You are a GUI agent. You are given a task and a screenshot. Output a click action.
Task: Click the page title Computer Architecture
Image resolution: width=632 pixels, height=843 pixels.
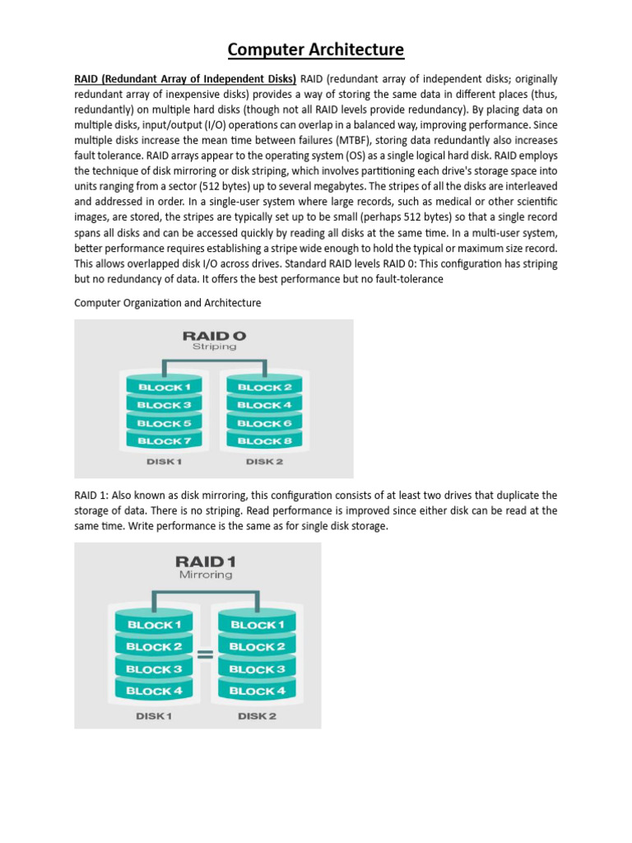point(316,49)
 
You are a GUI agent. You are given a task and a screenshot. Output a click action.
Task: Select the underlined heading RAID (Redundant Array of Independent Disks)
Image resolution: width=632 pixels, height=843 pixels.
point(185,79)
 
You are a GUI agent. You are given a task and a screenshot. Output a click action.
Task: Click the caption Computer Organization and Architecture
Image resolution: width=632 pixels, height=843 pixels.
point(168,303)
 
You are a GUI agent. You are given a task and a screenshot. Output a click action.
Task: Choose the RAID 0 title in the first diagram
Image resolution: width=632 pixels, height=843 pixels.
point(214,335)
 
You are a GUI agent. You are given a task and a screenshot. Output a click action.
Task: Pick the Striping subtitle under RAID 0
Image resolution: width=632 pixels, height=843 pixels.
point(214,347)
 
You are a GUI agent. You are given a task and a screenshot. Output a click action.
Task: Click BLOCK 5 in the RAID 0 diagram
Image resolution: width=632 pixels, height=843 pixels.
point(164,423)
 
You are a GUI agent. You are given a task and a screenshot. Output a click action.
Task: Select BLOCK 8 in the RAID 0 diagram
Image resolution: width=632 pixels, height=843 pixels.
point(264,441)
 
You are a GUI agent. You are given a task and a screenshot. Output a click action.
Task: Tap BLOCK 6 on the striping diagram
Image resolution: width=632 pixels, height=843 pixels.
point(264,423)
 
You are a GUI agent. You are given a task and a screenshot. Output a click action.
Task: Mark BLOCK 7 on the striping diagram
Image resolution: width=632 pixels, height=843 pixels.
point(164,441)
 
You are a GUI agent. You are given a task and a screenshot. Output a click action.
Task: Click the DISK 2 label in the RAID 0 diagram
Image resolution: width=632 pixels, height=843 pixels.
point(264,462)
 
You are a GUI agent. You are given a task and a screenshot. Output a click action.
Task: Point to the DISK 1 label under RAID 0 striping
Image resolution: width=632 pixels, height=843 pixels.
point(165,462)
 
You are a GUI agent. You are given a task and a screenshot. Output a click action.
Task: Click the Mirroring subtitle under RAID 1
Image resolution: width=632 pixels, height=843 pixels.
point(205,575)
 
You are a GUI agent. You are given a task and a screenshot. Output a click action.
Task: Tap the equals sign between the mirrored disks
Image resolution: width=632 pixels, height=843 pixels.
point(205,655)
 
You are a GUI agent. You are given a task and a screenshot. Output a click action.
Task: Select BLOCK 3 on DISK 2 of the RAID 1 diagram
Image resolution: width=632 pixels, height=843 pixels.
point(258,669)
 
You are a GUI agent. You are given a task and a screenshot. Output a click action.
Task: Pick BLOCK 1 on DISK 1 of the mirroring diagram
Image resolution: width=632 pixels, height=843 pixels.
point(154,625)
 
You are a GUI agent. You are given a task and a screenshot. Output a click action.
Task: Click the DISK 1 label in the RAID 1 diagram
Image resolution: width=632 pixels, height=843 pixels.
point(154,716)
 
